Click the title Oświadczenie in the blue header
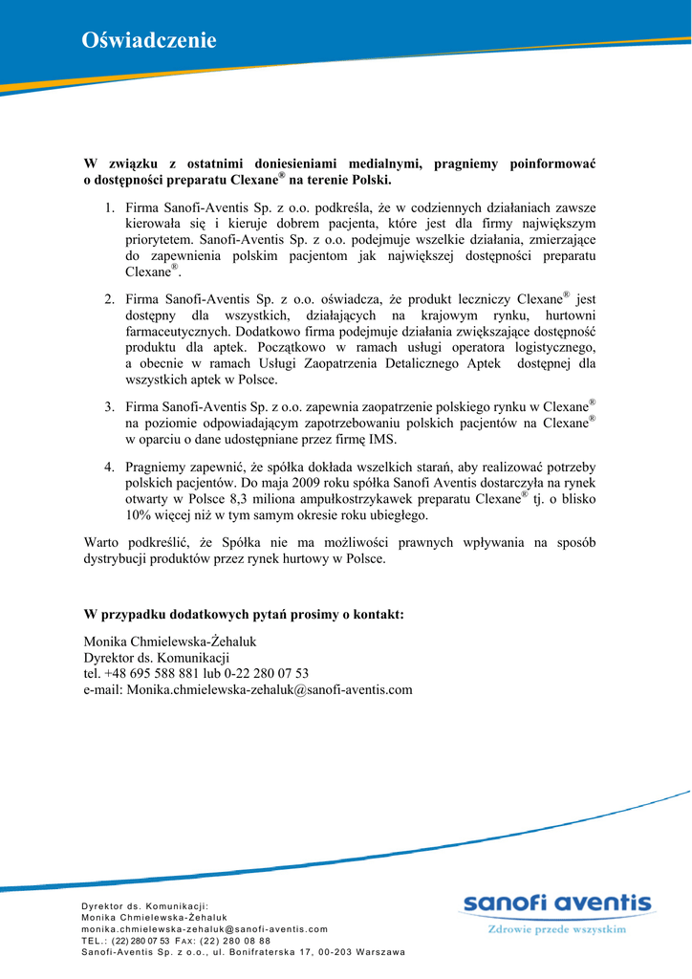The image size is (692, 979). (149, 40)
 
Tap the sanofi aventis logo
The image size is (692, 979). (557, 904)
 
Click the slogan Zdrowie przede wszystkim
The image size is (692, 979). (557, 928)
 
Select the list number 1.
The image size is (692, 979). (110, 207)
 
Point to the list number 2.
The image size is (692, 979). (110, 299)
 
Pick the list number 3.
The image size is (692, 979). (110, 407)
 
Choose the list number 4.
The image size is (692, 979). (110, 468)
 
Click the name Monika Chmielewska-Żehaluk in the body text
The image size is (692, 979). (170, 642)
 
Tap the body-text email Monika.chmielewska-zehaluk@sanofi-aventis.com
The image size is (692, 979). (249, 689)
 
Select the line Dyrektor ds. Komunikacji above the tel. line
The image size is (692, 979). (157, 658)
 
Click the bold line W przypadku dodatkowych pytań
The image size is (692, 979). (244, 614)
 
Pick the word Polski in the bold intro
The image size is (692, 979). (369, 180)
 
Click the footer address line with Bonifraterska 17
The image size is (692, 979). (243, 952)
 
